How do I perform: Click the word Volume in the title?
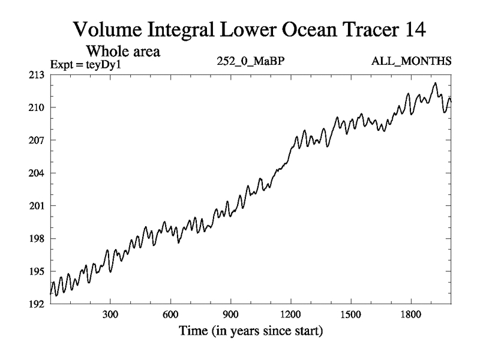click(107, 28)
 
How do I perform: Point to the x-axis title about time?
click(251, 331)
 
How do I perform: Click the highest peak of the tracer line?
click(436, 83)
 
